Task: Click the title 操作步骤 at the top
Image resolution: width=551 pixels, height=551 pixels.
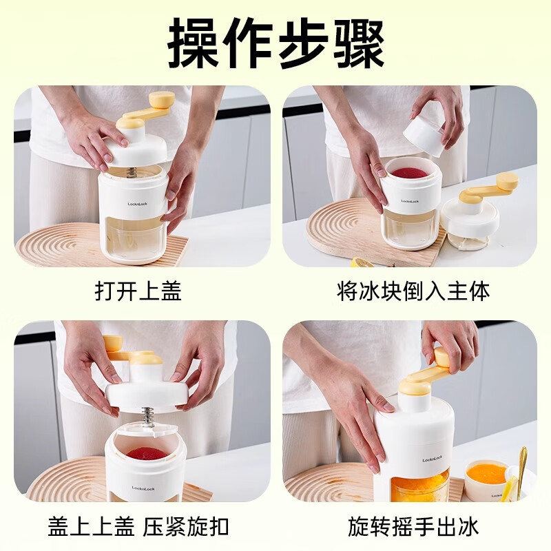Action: (x=275, y=43)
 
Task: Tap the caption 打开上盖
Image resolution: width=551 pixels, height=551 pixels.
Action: (x=138, y=291)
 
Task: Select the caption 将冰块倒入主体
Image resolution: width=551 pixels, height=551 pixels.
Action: (x=413, y=291)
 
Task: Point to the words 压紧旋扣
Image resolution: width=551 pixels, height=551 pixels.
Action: (x=186, y=527)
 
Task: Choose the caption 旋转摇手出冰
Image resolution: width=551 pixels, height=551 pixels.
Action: (x=413, y=527)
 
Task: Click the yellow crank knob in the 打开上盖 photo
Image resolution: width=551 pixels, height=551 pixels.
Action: (x=163, y=99)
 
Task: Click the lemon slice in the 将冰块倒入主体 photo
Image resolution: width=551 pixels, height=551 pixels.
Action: (x=361, y=262)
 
